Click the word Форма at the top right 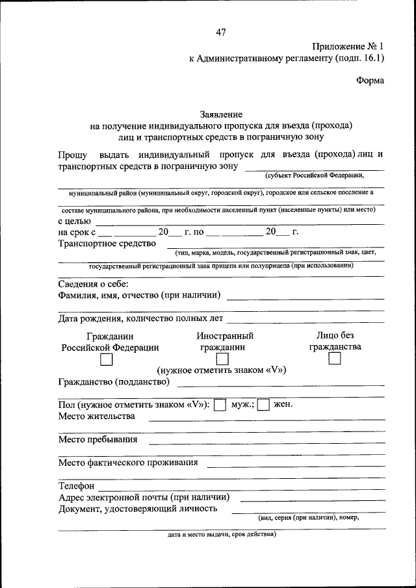(370, 81)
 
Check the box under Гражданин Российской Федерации (107, 359)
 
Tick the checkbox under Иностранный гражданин (222, 359)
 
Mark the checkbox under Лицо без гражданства (335, 359)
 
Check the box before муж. (220, 404)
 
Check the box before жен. (263, 404)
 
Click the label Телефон (76, 485)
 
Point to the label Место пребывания (97, 439)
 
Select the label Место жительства (96, 416)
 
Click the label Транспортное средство (107, 244)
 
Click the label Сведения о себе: (93, 284)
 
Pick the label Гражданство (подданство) (114, 381)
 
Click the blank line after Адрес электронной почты (312, 501)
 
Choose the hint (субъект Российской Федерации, (313, 175)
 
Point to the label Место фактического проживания (127, 463)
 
